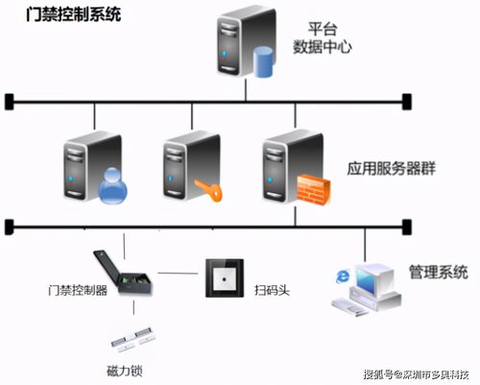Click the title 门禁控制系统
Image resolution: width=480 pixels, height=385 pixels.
tap(73, 14)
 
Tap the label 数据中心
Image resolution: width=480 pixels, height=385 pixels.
tap(323, 47)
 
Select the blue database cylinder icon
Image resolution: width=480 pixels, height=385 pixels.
tap(263, 62)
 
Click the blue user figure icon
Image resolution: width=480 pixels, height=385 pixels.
tap(112, 186)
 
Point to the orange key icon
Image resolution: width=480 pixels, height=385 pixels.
tap(208, 190)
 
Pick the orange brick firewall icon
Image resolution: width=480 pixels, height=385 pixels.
tap(314, 190)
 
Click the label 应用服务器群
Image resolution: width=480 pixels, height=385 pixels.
tap(392, 169)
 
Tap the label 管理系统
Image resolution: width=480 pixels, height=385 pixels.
tap(439, 272)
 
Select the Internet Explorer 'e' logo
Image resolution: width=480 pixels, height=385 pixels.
tap(343, 277)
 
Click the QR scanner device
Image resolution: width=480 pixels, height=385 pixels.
tap(225, 278)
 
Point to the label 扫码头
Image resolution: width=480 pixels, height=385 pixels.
tap(272, 290)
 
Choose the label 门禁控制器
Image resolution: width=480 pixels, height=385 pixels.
tap(78, 290)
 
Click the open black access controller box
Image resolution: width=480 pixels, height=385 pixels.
tap(123, 273)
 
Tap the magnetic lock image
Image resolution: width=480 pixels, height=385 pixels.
tap(133, 340)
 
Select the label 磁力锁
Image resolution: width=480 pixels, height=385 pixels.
tap(125, 372)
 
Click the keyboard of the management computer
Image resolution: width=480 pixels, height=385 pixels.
tap(349, 306)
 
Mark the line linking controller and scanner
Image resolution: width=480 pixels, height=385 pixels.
tap(178, 274)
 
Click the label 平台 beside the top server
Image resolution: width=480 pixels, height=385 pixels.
tap(323, 29)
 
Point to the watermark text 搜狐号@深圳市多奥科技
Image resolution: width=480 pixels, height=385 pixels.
tap(416, 374)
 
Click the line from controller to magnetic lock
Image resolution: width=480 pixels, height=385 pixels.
tap(133, 307)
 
